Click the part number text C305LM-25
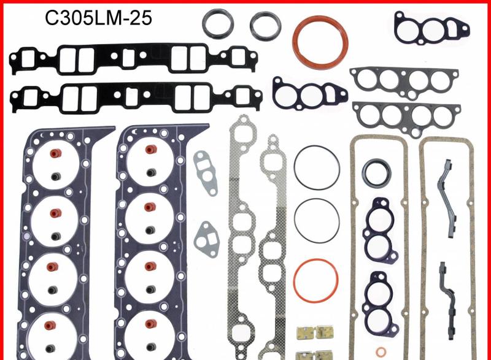98,18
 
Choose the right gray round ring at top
265,24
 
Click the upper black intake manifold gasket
133,58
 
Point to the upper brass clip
305,332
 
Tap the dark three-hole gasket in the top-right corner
433,27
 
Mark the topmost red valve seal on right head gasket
148,149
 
